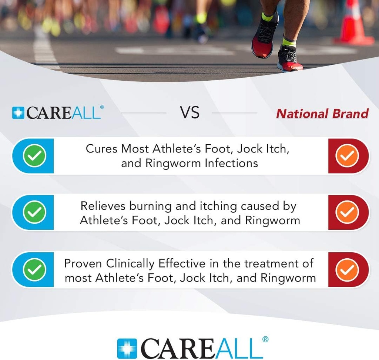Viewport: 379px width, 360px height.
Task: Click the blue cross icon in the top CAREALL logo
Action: pyautogui.click(x=17, y=113)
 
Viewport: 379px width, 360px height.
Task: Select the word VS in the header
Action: pyautogui.click(x=189, y=113)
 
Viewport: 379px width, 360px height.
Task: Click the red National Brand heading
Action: pyautogui.click(x=322, y=113)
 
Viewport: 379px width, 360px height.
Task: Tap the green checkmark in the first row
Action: pyautogui.click(x=34, y=156)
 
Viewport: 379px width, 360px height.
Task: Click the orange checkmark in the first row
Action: pyautogui.click(x=347, y=156)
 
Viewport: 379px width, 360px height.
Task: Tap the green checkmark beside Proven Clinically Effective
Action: pyautogui.click(x=34, y=270)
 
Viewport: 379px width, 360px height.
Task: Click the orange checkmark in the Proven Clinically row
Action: pyautogui.click(x=347, y=270)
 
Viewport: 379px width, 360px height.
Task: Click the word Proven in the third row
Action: pyautogui.click(x=83, y=263)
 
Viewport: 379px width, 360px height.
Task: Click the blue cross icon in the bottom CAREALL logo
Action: pyautogui.click(x=127, y=349)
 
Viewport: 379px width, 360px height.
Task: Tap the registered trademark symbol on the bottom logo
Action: pyautogui.click(x=265, y=339)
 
